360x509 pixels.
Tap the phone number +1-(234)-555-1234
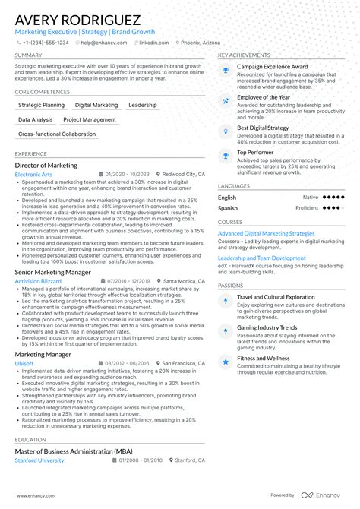click(44, 43)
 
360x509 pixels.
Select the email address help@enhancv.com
click(103, 43)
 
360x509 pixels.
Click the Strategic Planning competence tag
click(41, 105)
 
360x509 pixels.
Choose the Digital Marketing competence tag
click(96, 105)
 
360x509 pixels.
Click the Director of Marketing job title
click(46, 165)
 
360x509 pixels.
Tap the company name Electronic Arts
click(33, 175)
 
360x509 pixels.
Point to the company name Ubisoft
click(25, 364)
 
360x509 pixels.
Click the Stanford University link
click(39, 460)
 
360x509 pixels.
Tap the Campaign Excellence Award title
click(272, 66)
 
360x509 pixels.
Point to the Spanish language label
click(228, 207)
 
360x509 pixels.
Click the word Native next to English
click(311, 198)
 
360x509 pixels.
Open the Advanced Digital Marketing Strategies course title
click(266, 233)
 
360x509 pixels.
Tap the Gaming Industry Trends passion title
click(267, 327)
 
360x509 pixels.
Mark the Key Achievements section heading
click(244, 55)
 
